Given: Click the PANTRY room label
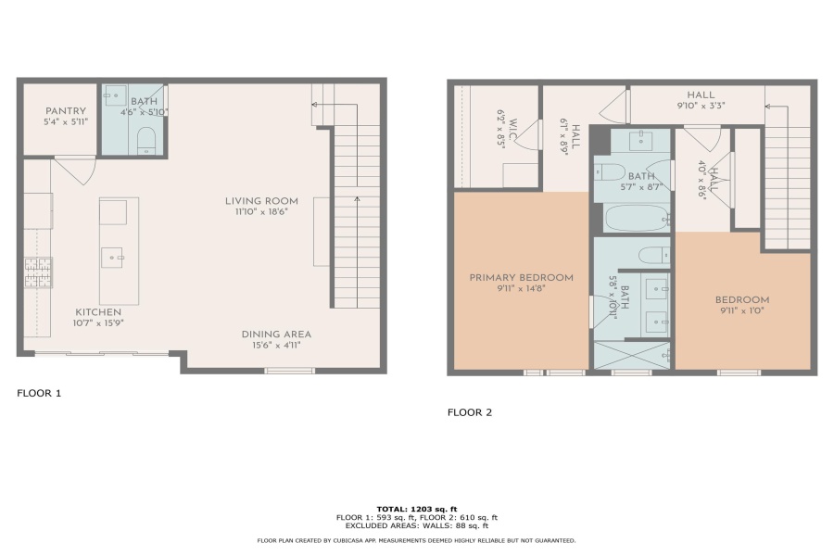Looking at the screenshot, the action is pos(66,110).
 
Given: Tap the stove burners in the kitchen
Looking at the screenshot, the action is pos(38,272).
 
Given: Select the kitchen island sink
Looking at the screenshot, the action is pos(112,258).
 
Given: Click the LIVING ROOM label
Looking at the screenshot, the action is pos(261,200).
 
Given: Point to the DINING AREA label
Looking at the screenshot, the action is pos(276,335).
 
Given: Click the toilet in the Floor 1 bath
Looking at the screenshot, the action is pos(146,141).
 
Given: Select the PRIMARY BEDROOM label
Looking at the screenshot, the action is pos(521,277).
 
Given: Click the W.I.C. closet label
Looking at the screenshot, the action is pos(512,130).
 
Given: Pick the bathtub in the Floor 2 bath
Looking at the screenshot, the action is pos(637,218).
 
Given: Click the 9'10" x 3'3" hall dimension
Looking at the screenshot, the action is pos(701,106).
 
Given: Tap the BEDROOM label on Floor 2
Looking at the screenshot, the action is pos(742,299).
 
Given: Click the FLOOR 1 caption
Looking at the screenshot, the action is pos(39,393).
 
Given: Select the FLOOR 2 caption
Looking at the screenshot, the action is pos(470,412).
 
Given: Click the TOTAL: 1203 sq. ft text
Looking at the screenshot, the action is pos(417,509).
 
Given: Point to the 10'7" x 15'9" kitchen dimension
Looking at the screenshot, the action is pos(98,323).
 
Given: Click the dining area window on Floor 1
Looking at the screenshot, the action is pos(290,371).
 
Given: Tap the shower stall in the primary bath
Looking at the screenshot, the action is pos(632,356).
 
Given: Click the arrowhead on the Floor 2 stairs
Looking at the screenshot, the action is pos(768,107).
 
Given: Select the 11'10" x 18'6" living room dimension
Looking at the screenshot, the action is pos(261,212).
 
